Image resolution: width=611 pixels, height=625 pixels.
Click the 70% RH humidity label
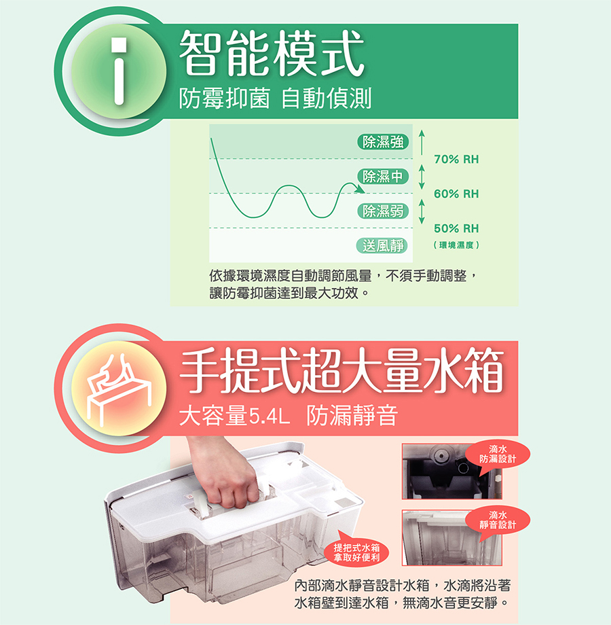pyautogui.click(x=456, y=160)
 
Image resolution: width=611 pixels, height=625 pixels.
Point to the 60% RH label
pyautogui.click(x=456, y=194)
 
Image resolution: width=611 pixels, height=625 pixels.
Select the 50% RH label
pyautogui.click(x=456, y=228)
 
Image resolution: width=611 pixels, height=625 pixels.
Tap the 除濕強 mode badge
pyautogui.click(x=383, y=141)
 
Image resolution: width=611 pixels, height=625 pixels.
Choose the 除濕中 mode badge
pyautogui.click(x=383, y=176)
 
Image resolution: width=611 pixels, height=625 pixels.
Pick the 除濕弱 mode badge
pyautogui.click(x=383, y=211)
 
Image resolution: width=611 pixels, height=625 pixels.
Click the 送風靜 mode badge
pyautogui.click(x=383, y=245)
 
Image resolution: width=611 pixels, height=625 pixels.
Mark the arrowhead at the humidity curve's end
pyautogui.click(x=360, y=190)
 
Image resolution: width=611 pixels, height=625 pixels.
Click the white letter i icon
pyautogui.click(x=119, y=71)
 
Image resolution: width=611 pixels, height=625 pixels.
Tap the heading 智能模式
pyautogui.click(x=272, y=53)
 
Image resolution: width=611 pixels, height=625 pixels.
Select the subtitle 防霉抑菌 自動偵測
pyautogui.click(x=275, y=98)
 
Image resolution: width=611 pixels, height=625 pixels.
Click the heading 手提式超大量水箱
pyautogui.click(x=341, y=370)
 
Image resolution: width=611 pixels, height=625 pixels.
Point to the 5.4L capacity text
pyautogui.click(x=270, y=417)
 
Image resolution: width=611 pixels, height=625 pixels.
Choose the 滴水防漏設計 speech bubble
pyautogui.click(x=498, y=456)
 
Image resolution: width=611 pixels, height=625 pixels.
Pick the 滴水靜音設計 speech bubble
pyautogui.click(x=498, y=521)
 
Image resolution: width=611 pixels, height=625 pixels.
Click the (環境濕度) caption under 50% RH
pyautogui.click(x=456, y=245)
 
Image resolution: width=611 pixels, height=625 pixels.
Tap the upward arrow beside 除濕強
pyautogui.click(x=422, y=141)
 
